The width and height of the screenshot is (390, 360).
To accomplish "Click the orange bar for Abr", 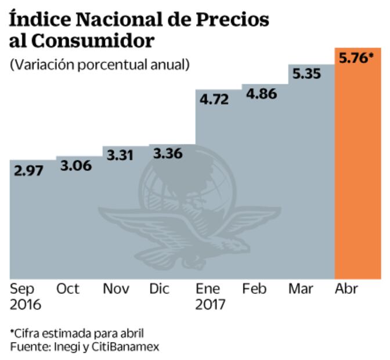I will click(358, 174).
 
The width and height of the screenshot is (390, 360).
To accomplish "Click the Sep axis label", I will click(23, 289).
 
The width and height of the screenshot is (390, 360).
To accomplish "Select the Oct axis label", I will click(68, 289).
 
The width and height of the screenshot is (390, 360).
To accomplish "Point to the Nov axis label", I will click(115, 289).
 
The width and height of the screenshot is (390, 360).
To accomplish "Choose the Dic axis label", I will click(160, 289).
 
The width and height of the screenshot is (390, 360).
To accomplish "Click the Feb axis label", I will click(254, 289).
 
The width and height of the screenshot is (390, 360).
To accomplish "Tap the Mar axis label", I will click(301, 289).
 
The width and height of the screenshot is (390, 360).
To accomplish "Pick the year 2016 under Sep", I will click(26, 304).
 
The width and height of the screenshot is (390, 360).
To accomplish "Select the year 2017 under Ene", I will click(211, 304).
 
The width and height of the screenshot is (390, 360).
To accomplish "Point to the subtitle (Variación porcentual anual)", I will click(100, 64).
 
